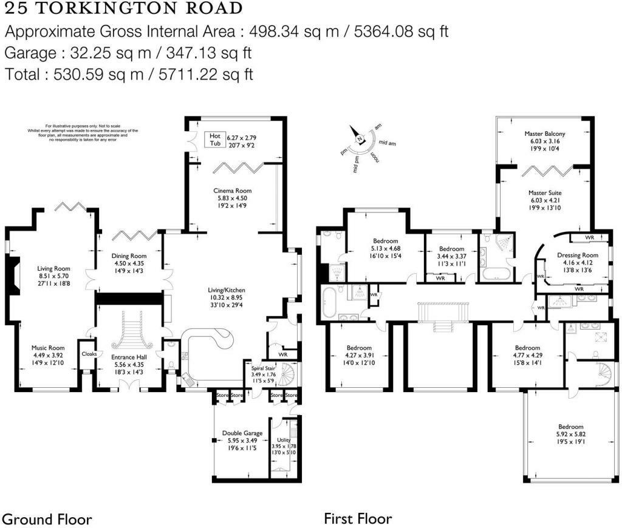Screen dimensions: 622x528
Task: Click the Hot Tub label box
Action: tap(214, 140)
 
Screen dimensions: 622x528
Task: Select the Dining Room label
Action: tap(129, 256)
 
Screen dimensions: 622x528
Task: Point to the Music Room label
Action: tap(47, 348)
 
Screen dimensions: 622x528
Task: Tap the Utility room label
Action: tap(284, 439)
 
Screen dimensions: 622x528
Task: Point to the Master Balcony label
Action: tap(545, 134)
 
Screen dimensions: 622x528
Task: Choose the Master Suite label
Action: tap(544, 192)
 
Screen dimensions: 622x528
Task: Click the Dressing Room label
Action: tap(578, 256)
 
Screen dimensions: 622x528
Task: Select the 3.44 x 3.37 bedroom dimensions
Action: tap(451, 257)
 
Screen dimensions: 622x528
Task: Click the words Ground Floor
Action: tap(47, 519)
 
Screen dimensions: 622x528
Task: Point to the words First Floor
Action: tap(358, 519)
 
